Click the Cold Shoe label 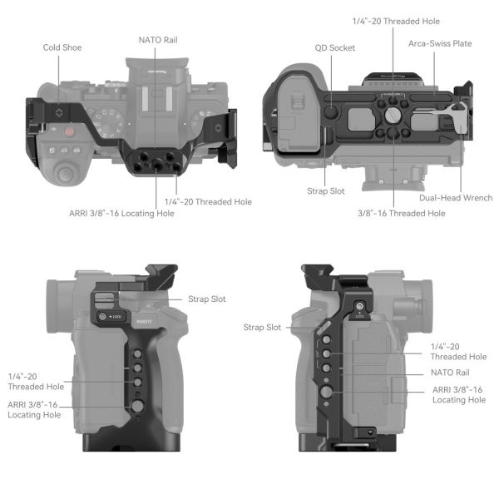coord(62,47)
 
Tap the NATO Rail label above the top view coord(157,39)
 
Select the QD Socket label coord(335,48)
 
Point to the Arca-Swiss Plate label coord(438,43)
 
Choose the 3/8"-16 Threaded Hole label coord(402,214)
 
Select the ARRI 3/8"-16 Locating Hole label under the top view coord(121,214)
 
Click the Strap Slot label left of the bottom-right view coord(261,328)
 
